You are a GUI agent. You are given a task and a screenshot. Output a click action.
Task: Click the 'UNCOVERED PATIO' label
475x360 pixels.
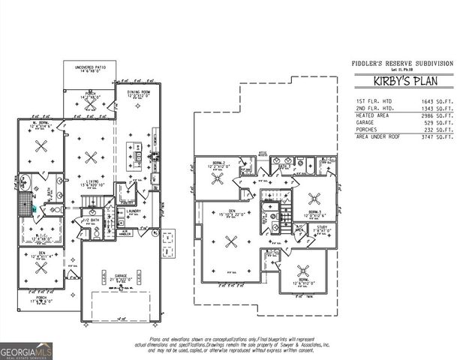[89, 67]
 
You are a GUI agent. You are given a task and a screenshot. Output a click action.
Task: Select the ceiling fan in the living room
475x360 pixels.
[92, 157]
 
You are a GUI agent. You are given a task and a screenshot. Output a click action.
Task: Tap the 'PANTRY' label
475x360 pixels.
[125, 201]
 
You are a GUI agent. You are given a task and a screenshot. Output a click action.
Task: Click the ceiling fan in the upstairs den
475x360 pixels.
[232, 241]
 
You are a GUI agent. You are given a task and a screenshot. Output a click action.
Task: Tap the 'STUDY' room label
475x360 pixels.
[321, 226]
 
